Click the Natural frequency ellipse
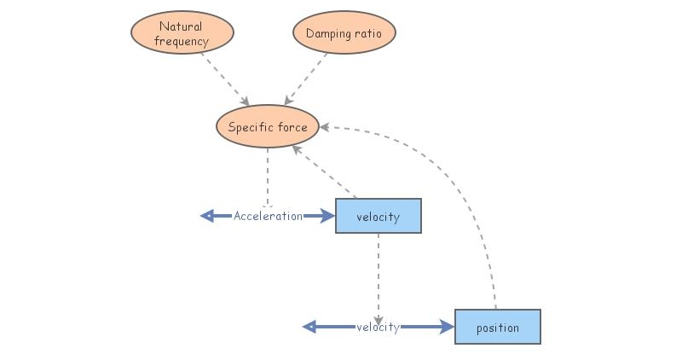click(x=182, y=33)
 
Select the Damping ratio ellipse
click(x=344, y=33)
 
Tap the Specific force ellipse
click(x=268, y=127)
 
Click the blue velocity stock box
click(x=379, y=216)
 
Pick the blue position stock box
click(x=498, y=327)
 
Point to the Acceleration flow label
click(x=268, y=216)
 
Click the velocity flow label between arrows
click(x=378, y=327)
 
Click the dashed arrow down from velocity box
click(x=378, y=273)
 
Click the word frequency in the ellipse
click(x=182, y=41)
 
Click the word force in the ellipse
click(x=291, y=127)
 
